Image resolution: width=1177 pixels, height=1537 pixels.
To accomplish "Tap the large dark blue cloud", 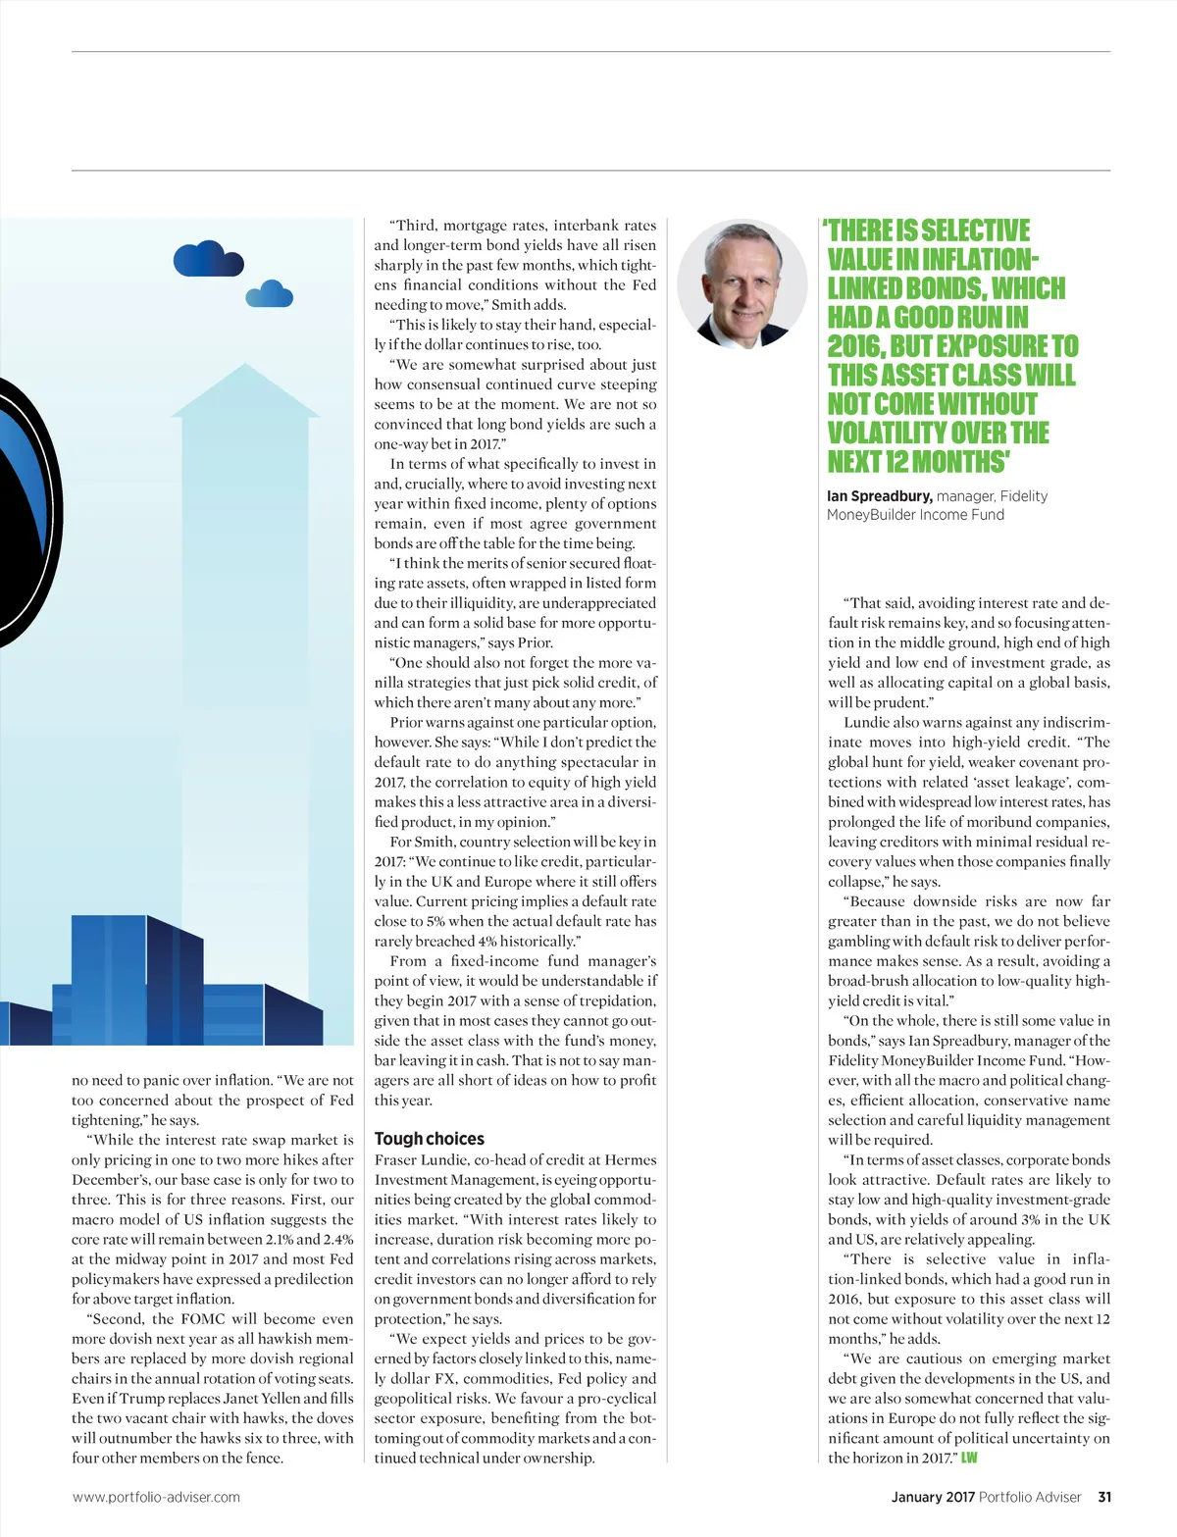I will pyautogui.click(x=207, y=260).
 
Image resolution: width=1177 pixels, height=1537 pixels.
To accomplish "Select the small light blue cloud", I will pyautogui.click(x=269, y=293).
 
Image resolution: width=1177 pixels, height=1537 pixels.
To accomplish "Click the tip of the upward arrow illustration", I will pyautogui.click(x=244, y=368).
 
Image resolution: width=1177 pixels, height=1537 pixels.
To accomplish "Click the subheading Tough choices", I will pyautogui.click(x=429, y=1138).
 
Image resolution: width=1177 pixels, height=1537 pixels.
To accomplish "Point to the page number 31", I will pyautogui.click(x=1104, y=1497).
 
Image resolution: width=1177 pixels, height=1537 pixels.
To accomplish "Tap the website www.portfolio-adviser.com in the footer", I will pyautogui.click(x=156, y=1497).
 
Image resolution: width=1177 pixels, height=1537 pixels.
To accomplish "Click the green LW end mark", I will pyautogui.click(x=969, y=1458).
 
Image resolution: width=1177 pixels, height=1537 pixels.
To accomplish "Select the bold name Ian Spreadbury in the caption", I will pyautogui.click(x=879, y=496).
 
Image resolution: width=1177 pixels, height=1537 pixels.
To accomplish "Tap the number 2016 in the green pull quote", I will pyautogui.click(x=855, y=346).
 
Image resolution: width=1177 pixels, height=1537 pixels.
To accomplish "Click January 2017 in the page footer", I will pyautogui.click(x=932, y=1497).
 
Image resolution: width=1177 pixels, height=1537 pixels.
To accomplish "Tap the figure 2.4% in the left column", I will pyautogui.click(x=337, y=1239).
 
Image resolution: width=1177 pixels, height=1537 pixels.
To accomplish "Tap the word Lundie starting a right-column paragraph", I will pyautogui.click(x=868, y=722).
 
